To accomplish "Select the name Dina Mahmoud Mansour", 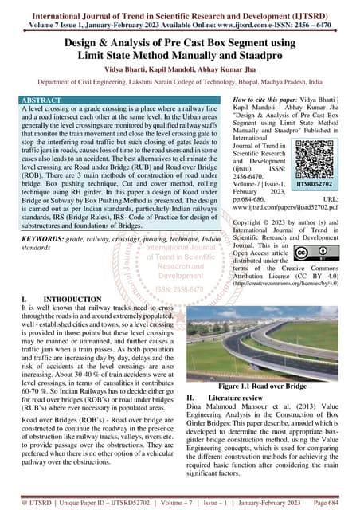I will (x=231, y=406).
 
